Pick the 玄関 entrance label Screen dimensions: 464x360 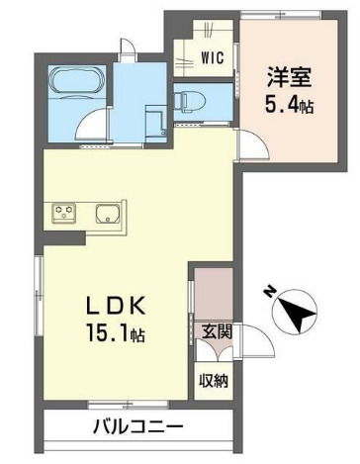pyautogui.click(x=219, y=332)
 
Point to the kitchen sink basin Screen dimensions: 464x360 pyautogui.click(x=107, y=212)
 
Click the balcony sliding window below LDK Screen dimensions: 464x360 pyautogui.click(x=118, y=404)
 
